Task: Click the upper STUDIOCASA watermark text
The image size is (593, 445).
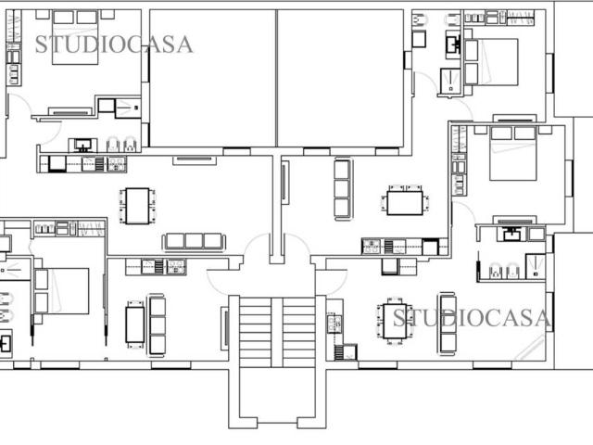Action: (x=114, y=44)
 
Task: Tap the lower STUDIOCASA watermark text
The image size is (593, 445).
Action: (x=472, y=318)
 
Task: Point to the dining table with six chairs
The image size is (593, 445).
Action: (x=396, y=322)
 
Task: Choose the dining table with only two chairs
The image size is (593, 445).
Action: (x=135, y=324)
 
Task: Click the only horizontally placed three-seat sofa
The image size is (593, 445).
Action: (x=194, y=242)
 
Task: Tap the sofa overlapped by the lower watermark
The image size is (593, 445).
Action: (x=448, y=324)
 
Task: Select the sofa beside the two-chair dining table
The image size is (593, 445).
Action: (x=157, y=325)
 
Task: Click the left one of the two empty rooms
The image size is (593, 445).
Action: (x=212, y=78)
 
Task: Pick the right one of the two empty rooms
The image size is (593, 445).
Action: (x=341, y=78)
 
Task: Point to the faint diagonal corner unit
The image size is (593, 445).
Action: (x=530, y=348)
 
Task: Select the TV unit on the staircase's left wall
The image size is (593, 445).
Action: (x=224, y=328)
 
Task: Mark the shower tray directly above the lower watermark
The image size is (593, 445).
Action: (x=536, y=266)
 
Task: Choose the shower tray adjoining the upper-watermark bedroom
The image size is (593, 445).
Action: (x=128, y=108)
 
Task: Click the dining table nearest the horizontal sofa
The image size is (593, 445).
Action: (x=137, y=206)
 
